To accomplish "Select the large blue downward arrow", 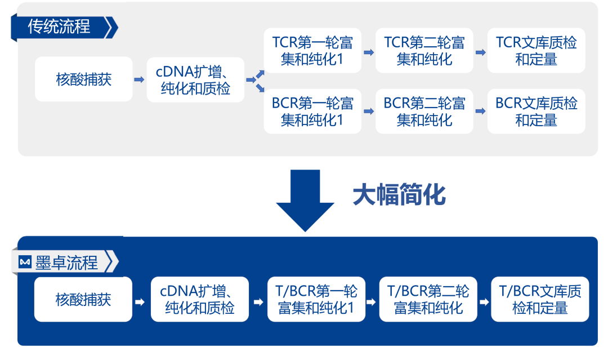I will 305,200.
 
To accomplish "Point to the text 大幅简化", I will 399,195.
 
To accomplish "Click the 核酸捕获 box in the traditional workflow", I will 84,79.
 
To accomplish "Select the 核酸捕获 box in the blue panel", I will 83,299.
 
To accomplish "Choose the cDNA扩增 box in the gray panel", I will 195,80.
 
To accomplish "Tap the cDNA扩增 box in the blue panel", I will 200,299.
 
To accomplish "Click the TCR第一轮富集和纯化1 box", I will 312,51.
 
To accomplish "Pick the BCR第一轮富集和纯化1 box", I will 312,112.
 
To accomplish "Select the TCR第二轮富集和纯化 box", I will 424,51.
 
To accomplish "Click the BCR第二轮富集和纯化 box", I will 424,112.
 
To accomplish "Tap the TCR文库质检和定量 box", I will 536,51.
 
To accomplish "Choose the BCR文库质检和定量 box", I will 536,112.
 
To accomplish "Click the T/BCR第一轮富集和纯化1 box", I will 316,299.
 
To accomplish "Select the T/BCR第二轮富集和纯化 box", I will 428,299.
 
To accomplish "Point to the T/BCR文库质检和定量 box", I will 540,299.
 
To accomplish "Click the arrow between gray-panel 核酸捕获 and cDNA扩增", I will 139,80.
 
